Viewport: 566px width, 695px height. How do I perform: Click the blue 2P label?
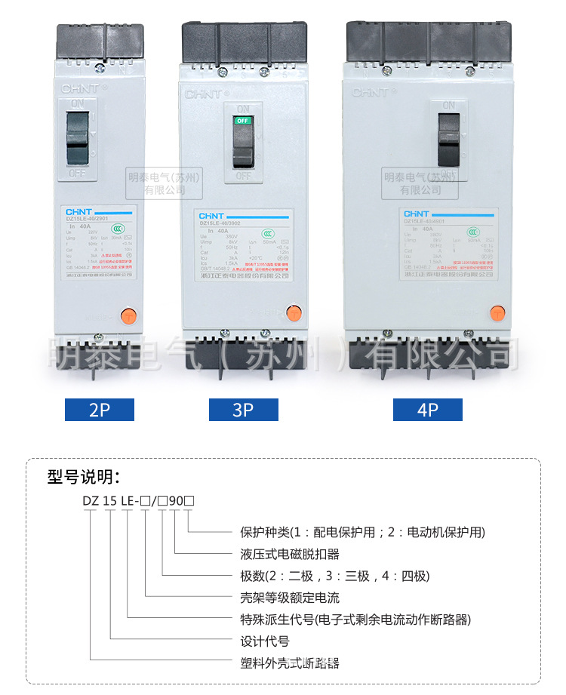click(100, 410)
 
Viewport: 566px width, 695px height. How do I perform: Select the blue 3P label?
click(243, 410)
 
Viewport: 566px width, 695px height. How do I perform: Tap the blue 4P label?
click(427, 410)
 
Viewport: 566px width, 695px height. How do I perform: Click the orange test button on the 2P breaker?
click(129, 294)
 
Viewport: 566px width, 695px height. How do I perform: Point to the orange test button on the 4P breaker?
click(497, 312)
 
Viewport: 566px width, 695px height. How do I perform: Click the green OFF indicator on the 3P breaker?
click(242, 121)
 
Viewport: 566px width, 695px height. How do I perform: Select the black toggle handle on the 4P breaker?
click(449, 140)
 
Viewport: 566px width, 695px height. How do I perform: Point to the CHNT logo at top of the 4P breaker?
click(371, 92)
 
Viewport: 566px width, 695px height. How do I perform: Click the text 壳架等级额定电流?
click(289, 598)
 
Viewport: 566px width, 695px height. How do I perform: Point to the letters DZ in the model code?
click(90, 500)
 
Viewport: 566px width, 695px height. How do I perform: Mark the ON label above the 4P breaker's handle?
click(449, 105)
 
